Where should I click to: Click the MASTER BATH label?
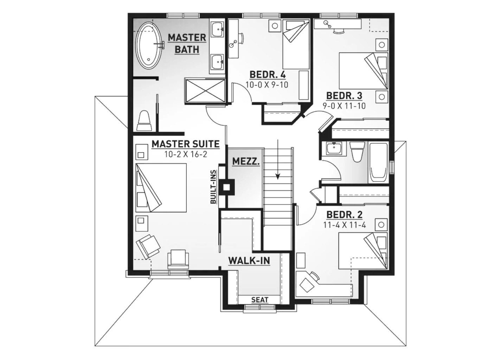[x=187, y=44]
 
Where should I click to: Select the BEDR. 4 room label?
[x=268, y=75]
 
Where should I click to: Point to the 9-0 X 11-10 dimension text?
[x=344, y=105]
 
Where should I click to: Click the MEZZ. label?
[x=246, y=161]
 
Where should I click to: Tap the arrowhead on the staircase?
[x=278, y=176]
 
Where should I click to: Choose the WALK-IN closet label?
[x=249, y=261]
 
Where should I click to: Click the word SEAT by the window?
[x=260, y=300]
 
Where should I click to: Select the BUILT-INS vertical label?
[x=213, y=187]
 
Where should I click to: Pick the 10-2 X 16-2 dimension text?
[x=186, y=154]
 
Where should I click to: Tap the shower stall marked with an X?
[x=205, y=91]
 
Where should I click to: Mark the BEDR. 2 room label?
[x=345, y=215]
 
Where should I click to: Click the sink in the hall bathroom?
[x=334, y=148]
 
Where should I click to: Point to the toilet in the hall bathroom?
[x=357, y=152]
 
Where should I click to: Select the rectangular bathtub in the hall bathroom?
[x=378, y=163]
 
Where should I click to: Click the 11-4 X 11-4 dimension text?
[x=345, y=225]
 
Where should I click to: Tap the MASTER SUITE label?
[x=186, y=144]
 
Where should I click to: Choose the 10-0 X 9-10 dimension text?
[x=267, y=85]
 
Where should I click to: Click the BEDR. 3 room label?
[x=344, y=96]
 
